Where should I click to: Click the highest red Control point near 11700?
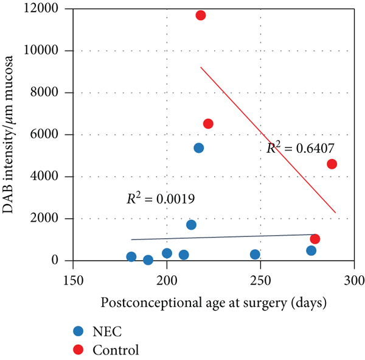click(201, 15)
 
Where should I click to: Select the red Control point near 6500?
click(208, 124)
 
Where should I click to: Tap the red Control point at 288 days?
click(332, 164)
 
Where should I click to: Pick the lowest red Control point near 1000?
click(315, 239)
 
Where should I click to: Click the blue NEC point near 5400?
click(199, 148)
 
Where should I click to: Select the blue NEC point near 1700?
click(191, 225)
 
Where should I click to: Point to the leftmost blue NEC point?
click(131, 257)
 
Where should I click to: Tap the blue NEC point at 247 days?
click(255, 255)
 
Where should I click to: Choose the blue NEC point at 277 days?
click(311, 250)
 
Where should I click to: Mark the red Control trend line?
click(268, 139)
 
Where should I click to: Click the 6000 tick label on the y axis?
click(54, 135)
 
